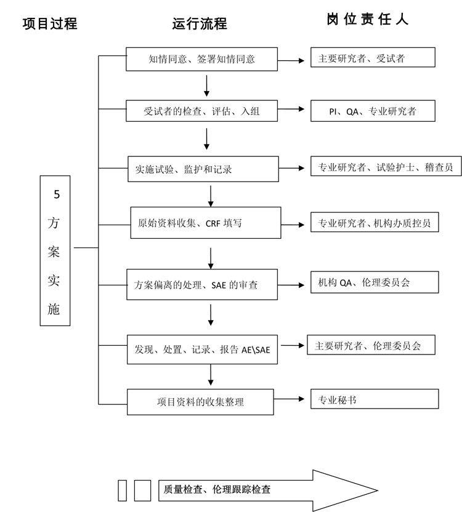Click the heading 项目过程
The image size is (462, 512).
(50, 23)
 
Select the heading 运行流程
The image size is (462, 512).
(200, 23)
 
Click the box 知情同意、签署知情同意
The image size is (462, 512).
(202, 60)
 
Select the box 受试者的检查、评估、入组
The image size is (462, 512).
(202, 112)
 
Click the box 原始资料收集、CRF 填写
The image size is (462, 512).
(206, 223)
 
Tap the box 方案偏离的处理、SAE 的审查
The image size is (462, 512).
(202, 285)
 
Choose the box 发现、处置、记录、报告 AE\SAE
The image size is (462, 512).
(202, 350)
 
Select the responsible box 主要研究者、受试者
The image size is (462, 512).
(373, 58)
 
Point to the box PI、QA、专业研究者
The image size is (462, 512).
(373, 111)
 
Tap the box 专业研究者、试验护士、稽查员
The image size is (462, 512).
(386, 167)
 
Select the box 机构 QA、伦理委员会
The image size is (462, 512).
(375, 283)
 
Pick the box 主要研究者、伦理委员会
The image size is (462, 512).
(371, 346)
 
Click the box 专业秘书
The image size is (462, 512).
(375, 399)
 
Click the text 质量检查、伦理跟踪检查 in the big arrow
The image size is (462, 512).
(217, 490)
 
